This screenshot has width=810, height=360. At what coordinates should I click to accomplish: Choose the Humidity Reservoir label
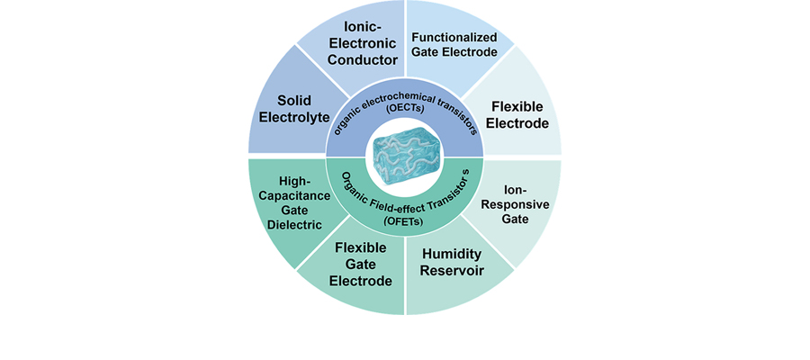point(454,262)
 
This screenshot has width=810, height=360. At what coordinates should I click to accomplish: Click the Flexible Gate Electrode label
point(360,264)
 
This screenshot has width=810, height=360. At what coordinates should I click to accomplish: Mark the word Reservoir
point(454,271)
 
